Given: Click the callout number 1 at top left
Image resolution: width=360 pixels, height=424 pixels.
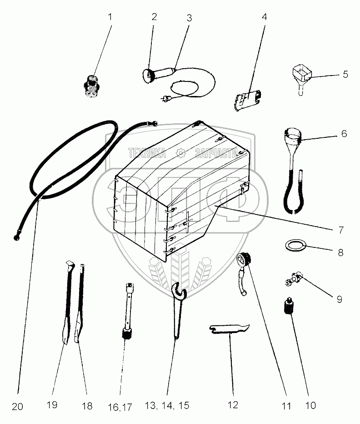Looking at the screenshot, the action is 110,17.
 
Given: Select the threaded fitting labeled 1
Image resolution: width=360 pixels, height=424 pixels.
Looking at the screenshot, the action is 92,86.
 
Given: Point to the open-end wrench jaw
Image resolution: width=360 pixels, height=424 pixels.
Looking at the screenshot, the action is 178,289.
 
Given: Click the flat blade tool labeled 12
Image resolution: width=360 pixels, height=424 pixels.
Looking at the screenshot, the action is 230,329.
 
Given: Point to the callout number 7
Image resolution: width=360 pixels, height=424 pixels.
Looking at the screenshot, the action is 341,230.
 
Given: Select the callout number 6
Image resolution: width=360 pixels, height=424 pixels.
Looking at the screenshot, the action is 344,134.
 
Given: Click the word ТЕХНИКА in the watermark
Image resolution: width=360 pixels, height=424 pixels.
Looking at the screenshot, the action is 147,153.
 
